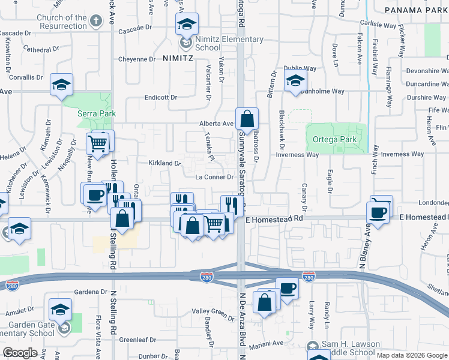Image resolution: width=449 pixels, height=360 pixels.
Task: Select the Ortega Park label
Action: [335, 140]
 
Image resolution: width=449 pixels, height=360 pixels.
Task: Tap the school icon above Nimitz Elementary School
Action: [187, 26]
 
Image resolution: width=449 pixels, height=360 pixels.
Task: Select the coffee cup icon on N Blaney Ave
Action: [379, 211]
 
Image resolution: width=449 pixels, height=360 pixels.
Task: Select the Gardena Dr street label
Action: [91, 292]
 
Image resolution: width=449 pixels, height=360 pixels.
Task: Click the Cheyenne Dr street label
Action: [136, 59]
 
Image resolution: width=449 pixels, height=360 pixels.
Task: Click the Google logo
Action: [20, 352]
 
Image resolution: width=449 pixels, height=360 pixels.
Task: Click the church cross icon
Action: [95, 22]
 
